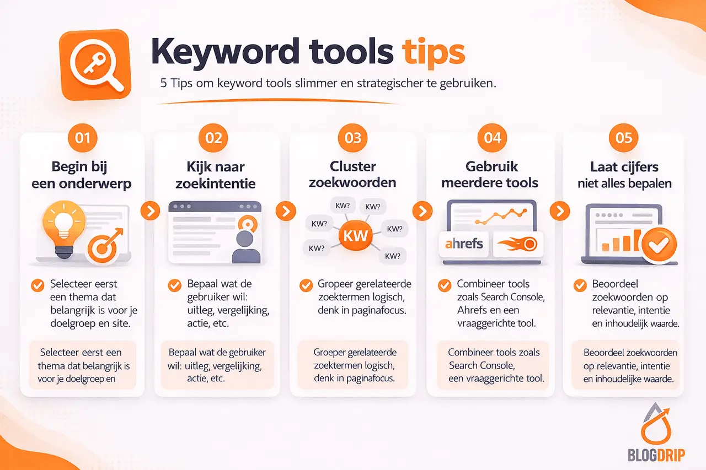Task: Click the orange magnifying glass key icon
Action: [x=95, y=64]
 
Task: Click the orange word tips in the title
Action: [x=433, y=52]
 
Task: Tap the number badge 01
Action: [x=82, y=137]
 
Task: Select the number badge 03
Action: [x=352, y=137]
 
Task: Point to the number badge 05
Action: [x=624, y=137]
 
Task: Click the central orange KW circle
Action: [x=355, y=236]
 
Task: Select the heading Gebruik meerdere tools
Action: [x=490, y=174]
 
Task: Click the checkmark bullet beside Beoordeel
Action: [x=580, y=285]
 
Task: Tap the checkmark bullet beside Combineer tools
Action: [x=444, y=285]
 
